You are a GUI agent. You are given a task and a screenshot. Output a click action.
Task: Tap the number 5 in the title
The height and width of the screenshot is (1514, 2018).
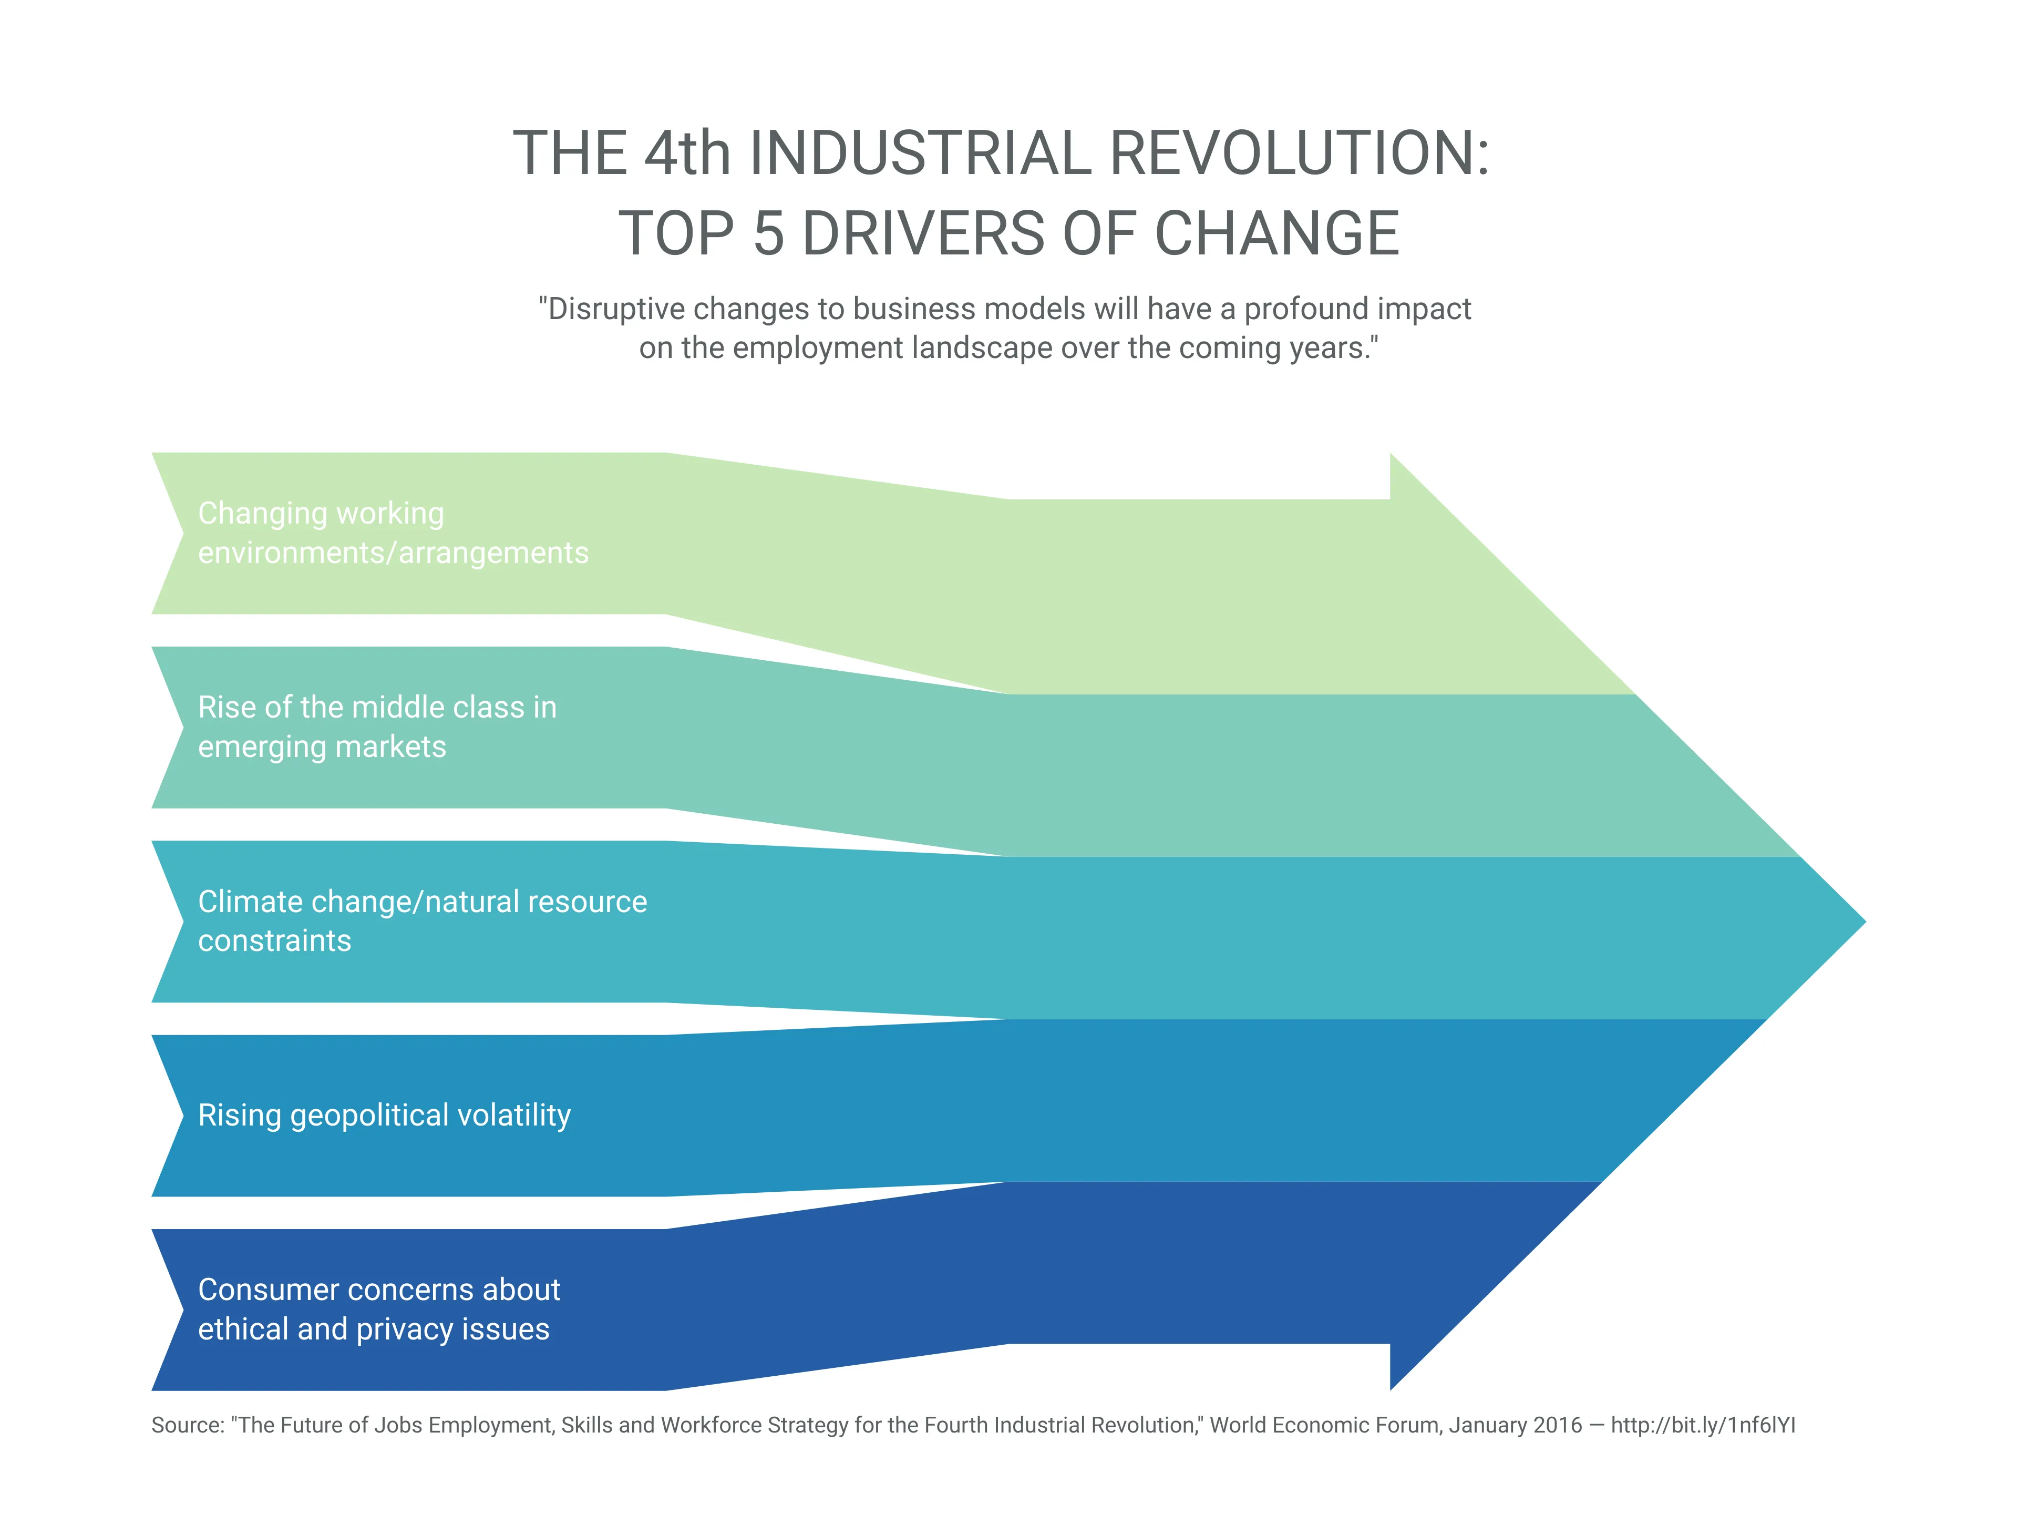(x=768, y=233)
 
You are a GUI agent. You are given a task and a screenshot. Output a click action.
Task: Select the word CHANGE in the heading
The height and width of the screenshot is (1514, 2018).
(x=1276, y=233)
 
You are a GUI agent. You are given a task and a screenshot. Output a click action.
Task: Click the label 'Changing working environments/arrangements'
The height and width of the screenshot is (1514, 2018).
(x=392, y=533)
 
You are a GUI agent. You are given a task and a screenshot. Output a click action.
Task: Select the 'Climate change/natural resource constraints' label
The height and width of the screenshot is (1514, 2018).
(x=421, y=921)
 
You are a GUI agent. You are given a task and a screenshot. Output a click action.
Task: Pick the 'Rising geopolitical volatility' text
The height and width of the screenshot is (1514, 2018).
(x=384, y=1115)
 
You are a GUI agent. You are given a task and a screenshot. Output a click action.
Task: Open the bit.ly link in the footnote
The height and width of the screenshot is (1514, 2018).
(x=1702, y=1426)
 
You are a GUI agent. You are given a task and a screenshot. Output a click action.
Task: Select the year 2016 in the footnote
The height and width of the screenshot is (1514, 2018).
(x=1557, y=1426)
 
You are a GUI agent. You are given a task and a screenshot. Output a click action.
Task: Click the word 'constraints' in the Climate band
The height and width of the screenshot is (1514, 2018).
(x=275, y=941)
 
